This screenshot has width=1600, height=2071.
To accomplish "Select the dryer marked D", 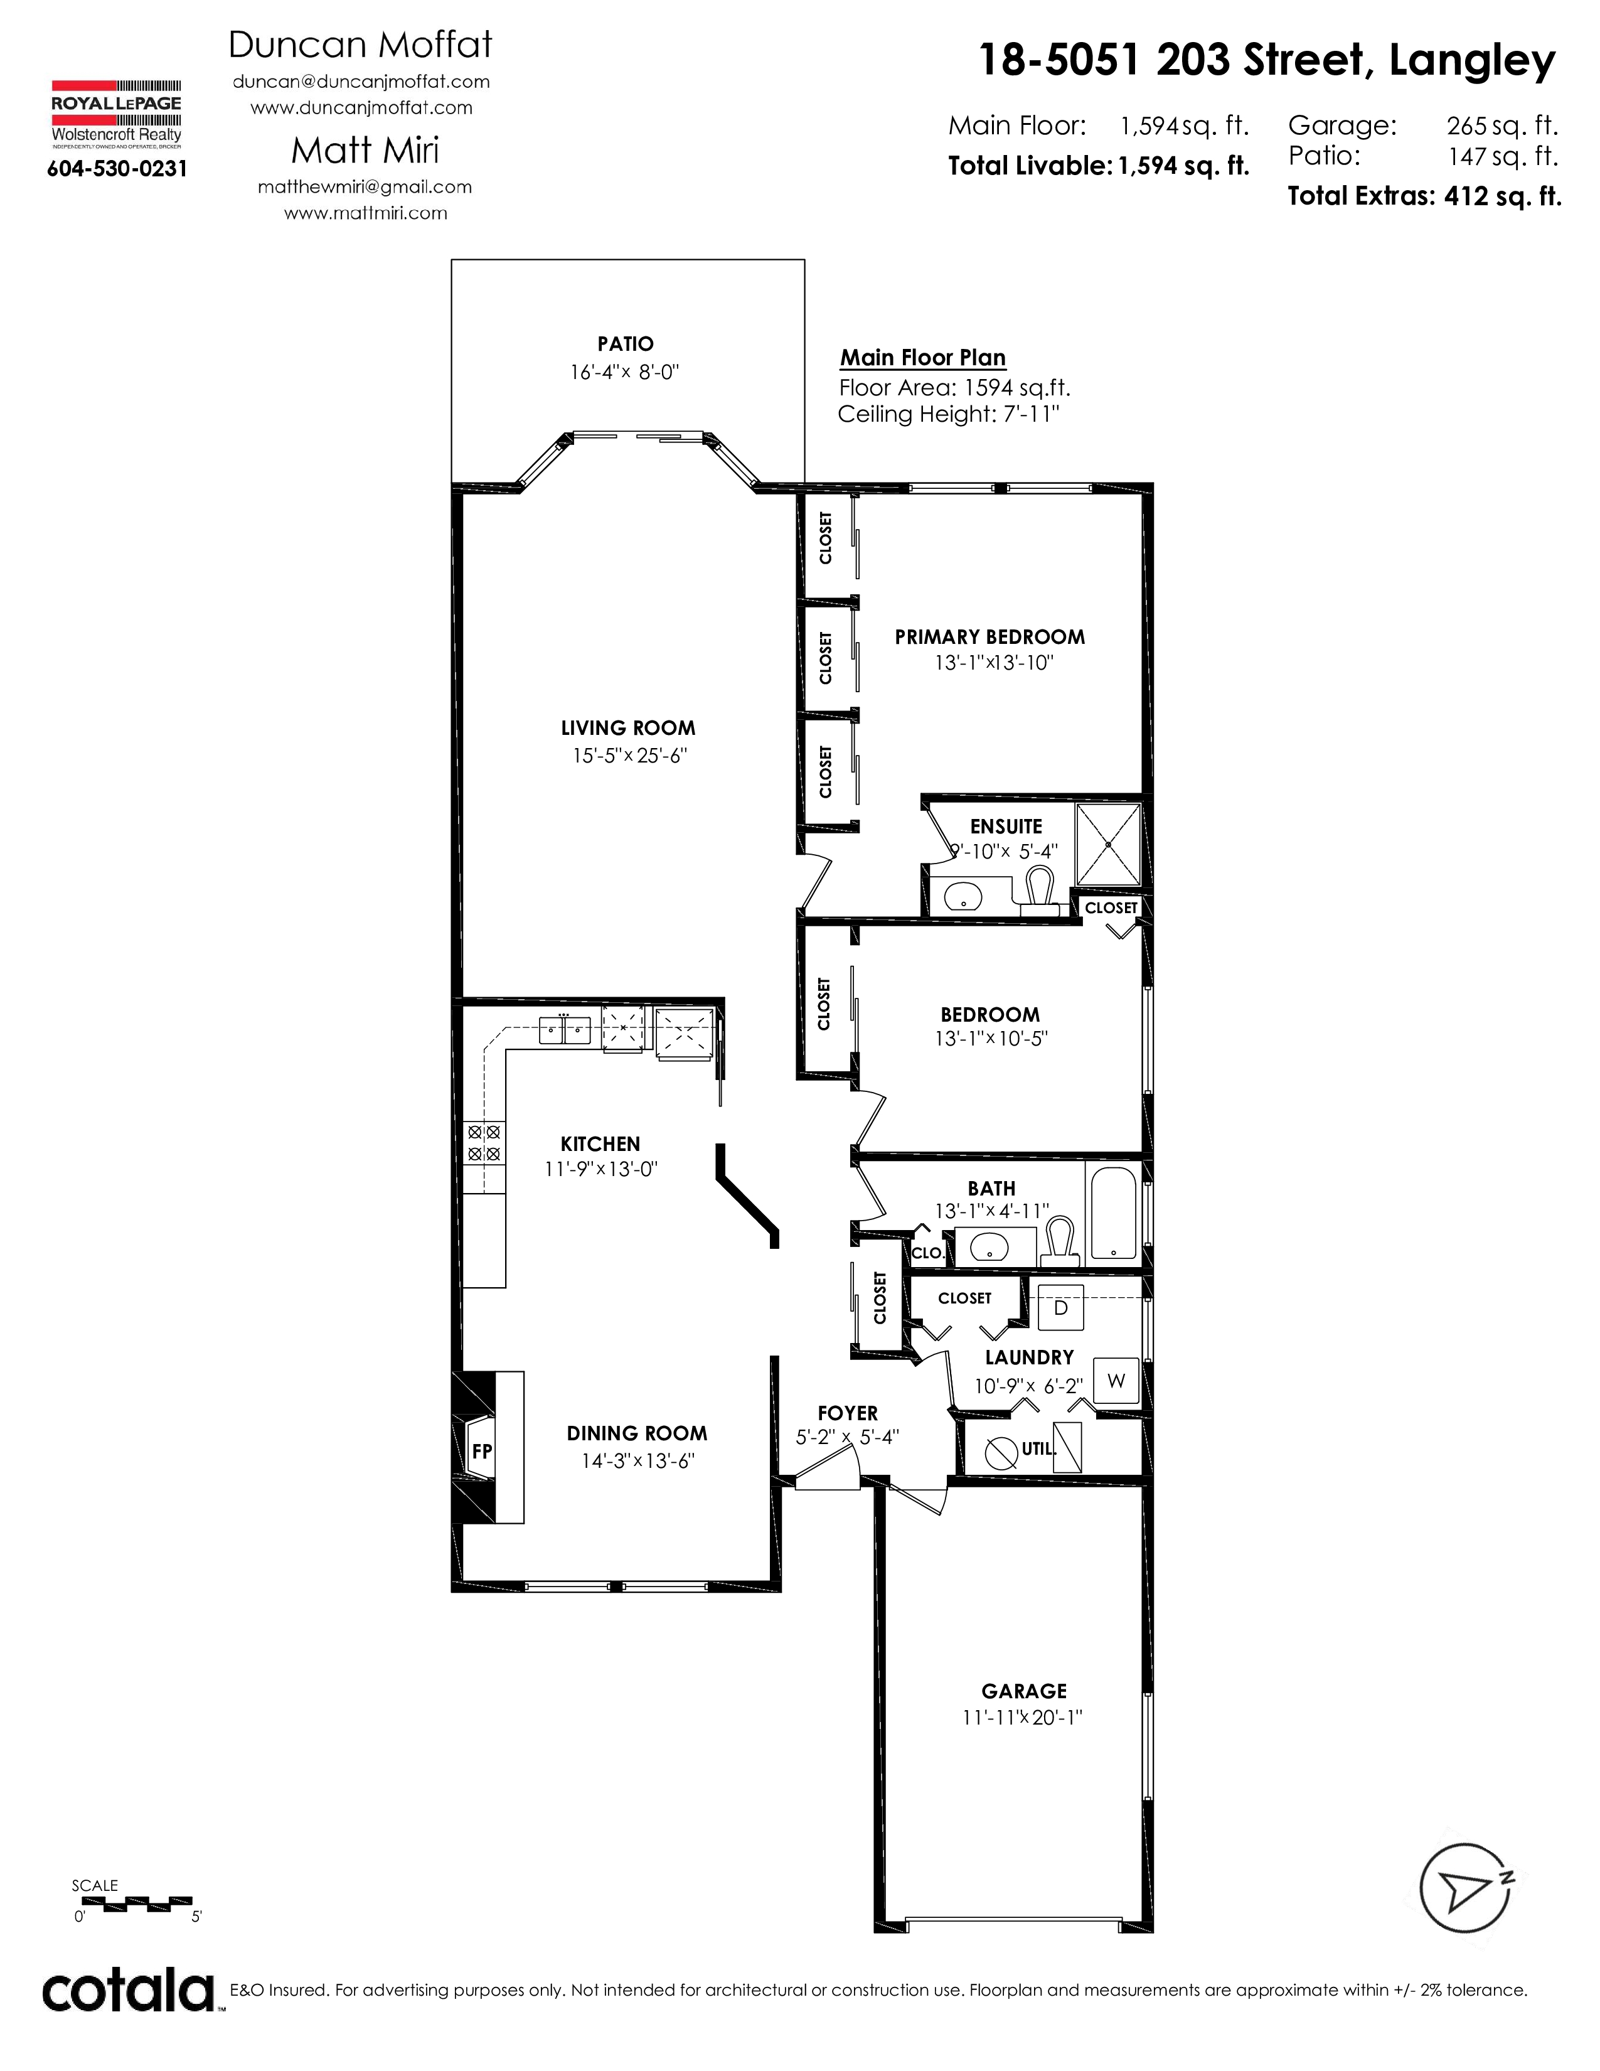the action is pyautogui.click(x=1060, y=1308).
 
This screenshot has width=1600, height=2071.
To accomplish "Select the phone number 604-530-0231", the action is pyautogui.click(x=117, y=169).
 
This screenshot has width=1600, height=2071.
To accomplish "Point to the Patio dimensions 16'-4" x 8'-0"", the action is pyautogui.click(x=625, y=372).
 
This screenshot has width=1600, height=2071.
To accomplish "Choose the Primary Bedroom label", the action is pyautogui.click(x=989, y=637).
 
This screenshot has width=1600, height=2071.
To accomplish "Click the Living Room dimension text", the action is pyautogui.click(x=629, y=756).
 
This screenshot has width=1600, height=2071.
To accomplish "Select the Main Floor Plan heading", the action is pyautogui.click(x=923, y=358).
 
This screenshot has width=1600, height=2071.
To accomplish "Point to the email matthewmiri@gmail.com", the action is pyautogui.click(x=365, y=187).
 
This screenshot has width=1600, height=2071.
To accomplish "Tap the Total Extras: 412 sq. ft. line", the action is pyautogui.click(x=1424, y=196).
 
